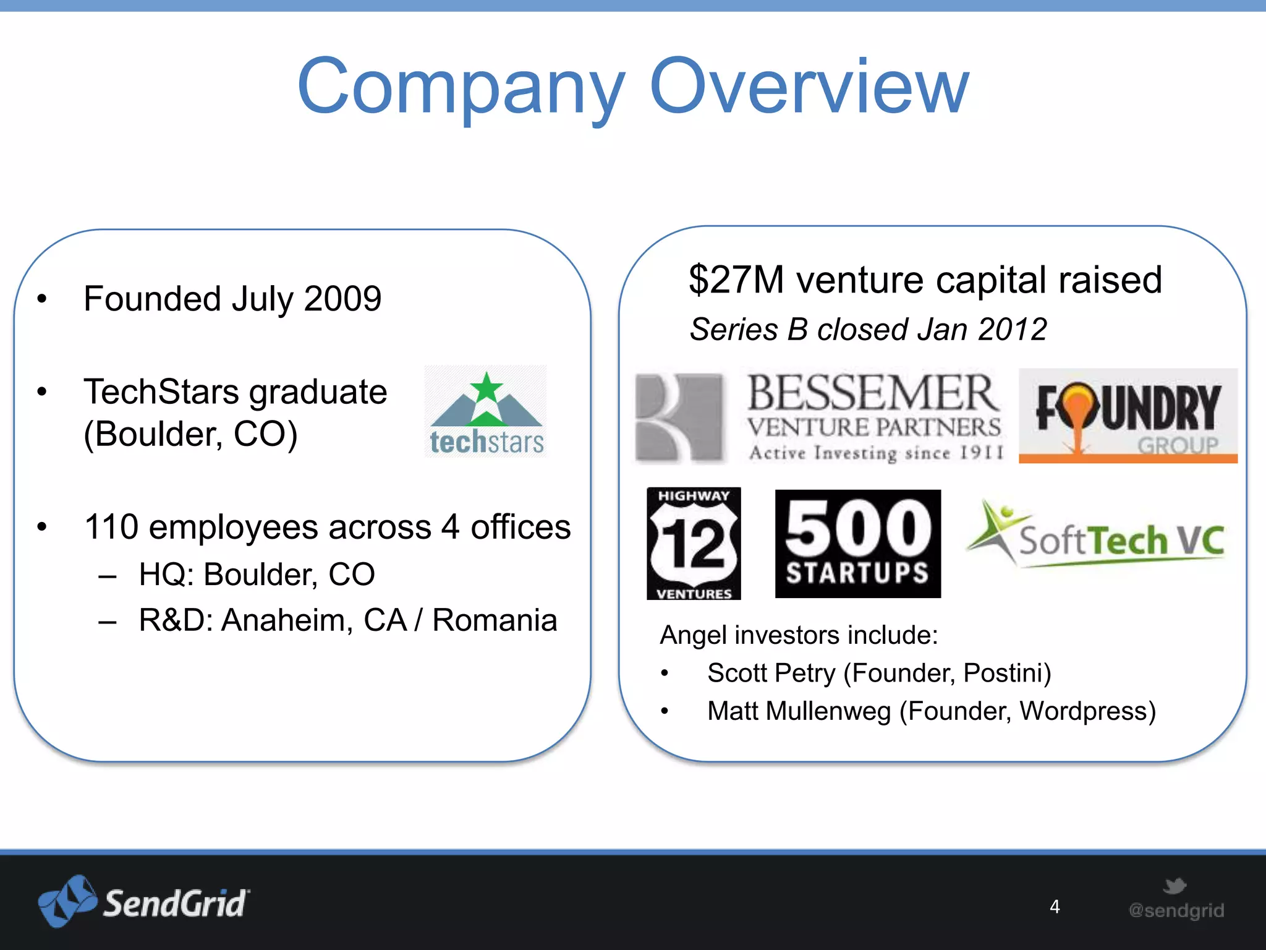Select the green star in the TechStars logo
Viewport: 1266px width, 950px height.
coord(486,388)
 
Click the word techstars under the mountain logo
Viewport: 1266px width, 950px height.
coord(486,442)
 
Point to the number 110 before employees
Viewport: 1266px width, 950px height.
coord(111,528)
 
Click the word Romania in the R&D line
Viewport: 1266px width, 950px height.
coord(495,620)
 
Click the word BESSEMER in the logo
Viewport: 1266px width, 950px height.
coord(873,393)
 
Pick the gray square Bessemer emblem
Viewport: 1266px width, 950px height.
coord(679,417)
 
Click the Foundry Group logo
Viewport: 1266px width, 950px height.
coord(1128,416)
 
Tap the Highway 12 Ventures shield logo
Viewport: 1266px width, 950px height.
coord(693,543)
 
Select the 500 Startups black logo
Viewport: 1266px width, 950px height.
coord(857,544)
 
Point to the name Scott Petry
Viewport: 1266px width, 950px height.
coord(771,674)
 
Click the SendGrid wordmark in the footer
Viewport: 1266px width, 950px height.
coord(176,904)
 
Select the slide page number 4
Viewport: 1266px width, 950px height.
coord(1055,907)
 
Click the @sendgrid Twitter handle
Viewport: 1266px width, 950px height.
coord(1176,910)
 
